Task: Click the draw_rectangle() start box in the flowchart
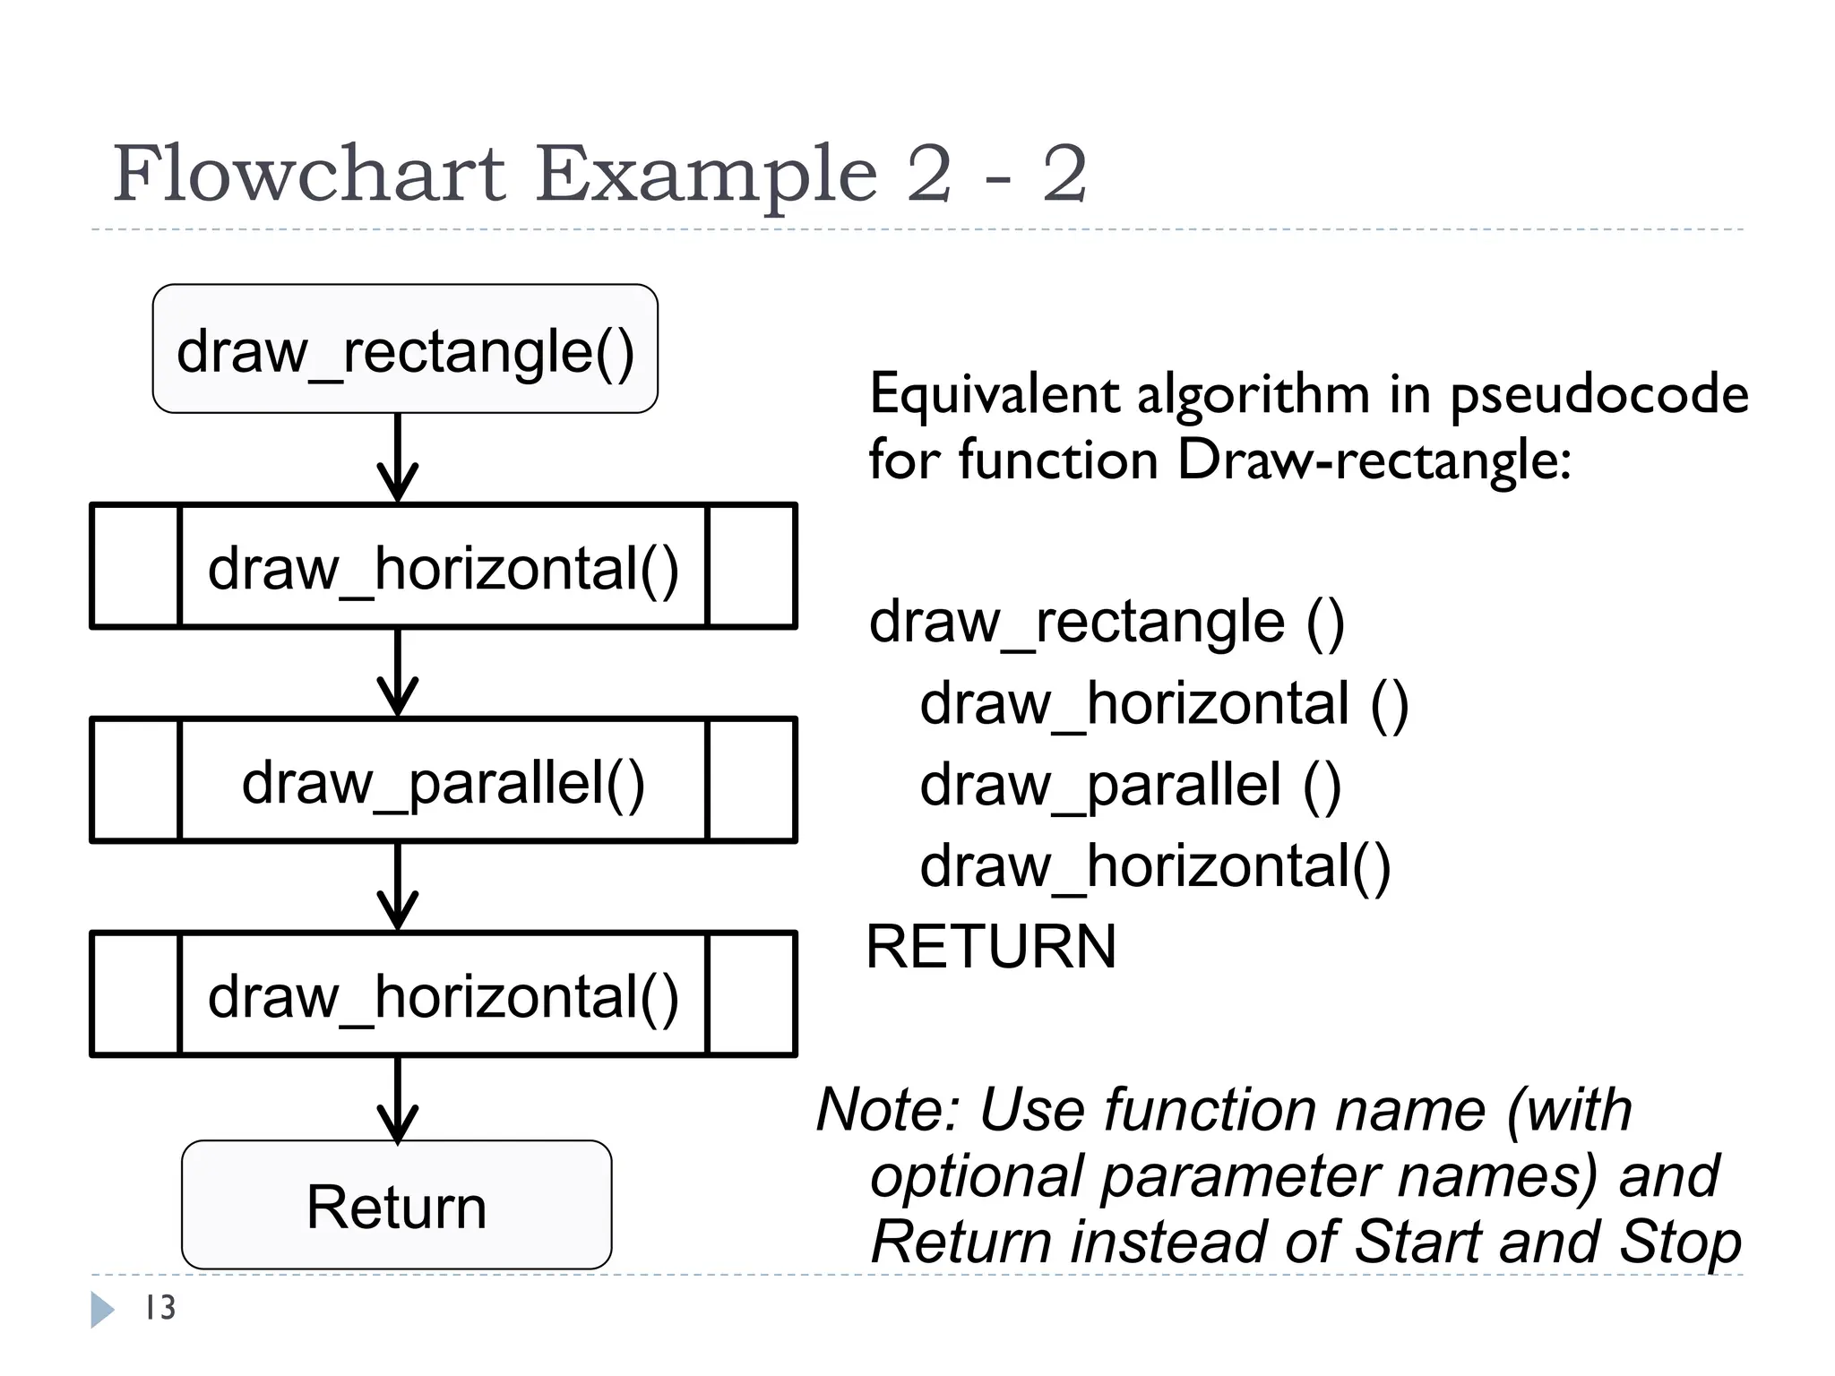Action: (405, 349)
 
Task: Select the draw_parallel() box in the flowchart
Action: (444, 780)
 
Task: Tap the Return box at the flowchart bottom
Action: (396, 1205)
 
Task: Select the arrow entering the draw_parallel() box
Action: (398, 673)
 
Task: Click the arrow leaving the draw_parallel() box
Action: (398, 887)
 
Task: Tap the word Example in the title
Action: (706, 175)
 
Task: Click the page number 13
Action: (160, 1308)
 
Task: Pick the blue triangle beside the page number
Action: (102, 1309)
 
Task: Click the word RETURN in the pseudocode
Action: (991, 947)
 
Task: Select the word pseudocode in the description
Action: (1599, 395)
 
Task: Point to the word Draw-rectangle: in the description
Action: (1374, 460)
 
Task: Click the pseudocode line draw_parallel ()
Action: (1130, 785)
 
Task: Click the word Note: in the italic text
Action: (888, 1110)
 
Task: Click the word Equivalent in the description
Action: (995, 394)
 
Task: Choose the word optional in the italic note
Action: (977, 1175)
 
